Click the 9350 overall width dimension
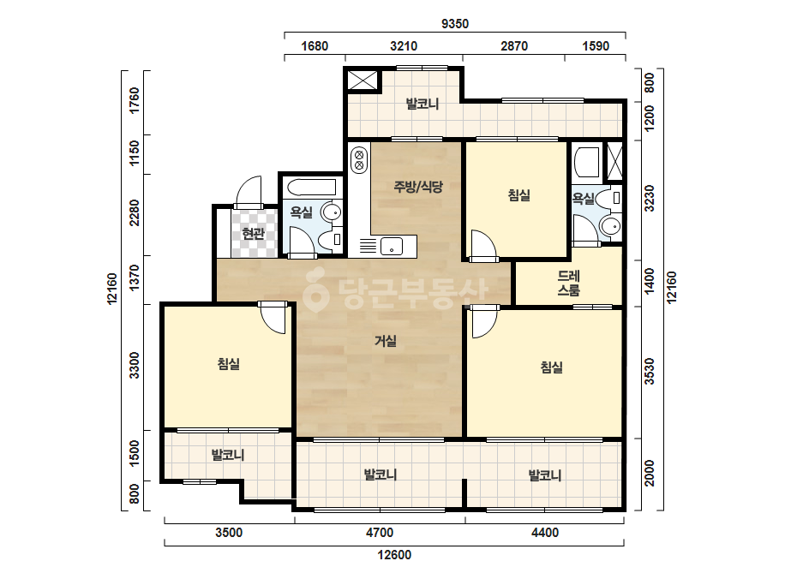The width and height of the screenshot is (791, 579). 454,24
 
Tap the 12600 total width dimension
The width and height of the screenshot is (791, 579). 394,555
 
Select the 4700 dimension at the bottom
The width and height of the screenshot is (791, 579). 380,533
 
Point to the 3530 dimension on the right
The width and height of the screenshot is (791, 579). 650,372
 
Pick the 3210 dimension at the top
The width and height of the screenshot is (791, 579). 404,46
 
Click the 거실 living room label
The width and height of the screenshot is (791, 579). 386,342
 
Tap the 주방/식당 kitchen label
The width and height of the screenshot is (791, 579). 418,187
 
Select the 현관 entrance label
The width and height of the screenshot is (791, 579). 253,234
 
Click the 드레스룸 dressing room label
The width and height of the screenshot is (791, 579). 568,283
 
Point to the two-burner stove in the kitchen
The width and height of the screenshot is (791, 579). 359,158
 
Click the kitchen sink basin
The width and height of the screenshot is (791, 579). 391,247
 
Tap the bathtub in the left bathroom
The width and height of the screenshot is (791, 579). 311,187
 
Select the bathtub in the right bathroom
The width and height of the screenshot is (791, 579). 587,163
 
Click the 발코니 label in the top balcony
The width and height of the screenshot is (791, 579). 422,104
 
